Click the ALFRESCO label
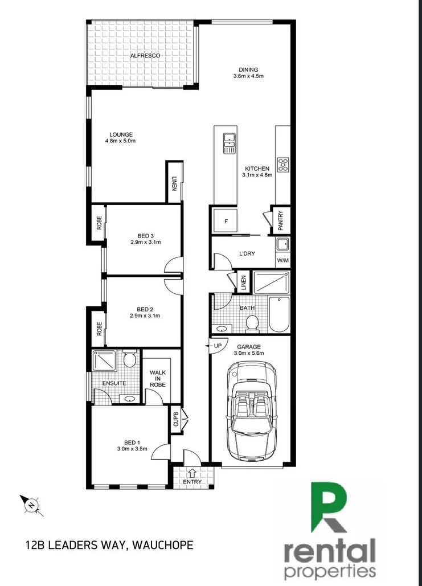pos(145,56)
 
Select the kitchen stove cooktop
pos(282,165)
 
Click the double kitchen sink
pos(229,141)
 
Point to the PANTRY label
pos(281,220)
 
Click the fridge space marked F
pos(226,221)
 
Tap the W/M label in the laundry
pos(282,261)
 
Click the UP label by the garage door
pos(217,346)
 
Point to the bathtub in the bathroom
pos(278,314)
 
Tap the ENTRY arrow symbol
pos(192,472)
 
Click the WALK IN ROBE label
pos(158,379)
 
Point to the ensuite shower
pos(105,360)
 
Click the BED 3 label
pos(145,236)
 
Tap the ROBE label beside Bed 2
pos(99,328)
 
